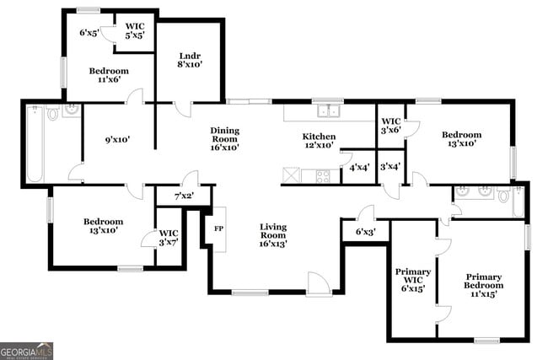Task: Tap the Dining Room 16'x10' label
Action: click(x=225, y=138)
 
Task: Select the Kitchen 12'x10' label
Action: click(x=319, y=142)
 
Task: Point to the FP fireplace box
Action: click(x=218, y=228)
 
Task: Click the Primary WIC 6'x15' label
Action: click(x=413, y=280)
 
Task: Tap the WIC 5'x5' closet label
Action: click(x=135, y=31)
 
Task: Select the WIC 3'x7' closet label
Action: click(x=169, y=238)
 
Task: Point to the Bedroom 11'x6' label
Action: click(x=109, y=77)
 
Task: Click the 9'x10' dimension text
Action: click(x=117, y=140)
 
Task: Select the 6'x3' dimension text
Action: click(x=365, y=231)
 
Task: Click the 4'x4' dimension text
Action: click(x=357, y=168)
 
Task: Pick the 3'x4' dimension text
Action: click(x=390, y=168)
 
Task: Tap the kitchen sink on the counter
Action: click(x=327, y=110)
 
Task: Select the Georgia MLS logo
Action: click(x=26, y=351)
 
